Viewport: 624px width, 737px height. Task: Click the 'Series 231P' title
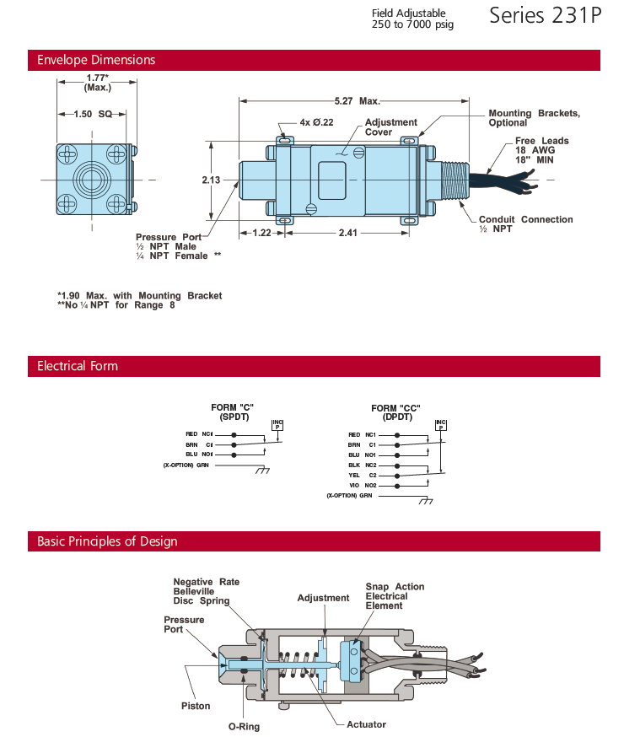tap(546, 16)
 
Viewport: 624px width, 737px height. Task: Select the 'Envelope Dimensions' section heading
tap(96, 61)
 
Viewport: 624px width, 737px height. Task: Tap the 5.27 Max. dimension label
tap(358, 101)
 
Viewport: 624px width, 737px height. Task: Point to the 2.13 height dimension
tap(211, 180)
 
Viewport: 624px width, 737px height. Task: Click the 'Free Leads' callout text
tap(542, 141)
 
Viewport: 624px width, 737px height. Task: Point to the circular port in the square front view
tap(92, 180)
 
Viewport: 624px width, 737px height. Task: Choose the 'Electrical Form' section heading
tap(78, 366)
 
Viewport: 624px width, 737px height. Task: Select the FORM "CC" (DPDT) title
tap(395, 412)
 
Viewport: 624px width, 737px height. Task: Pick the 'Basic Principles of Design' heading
tap(107, 541)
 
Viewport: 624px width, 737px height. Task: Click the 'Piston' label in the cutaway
tap(196, 706)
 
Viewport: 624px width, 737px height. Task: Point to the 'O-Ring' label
tap(245, 726)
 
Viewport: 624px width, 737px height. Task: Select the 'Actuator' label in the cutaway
tap(366, 724)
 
